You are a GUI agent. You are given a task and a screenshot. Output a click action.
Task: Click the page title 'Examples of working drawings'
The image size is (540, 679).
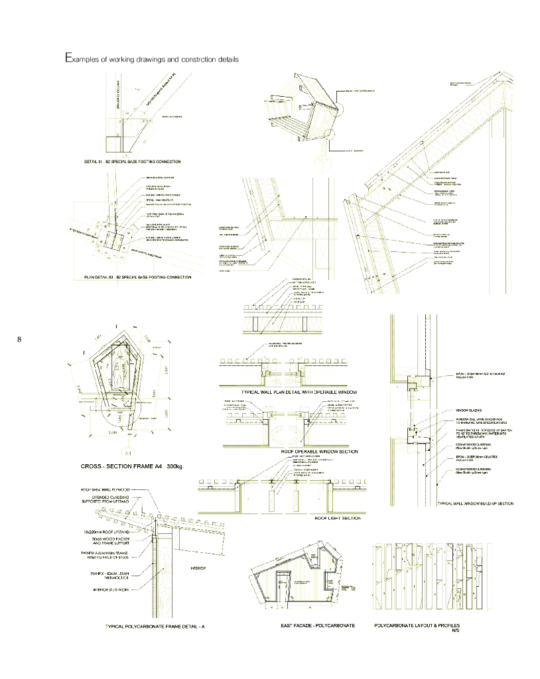click(151, 59)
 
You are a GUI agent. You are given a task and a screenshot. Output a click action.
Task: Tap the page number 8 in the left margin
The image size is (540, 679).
click(19, 340)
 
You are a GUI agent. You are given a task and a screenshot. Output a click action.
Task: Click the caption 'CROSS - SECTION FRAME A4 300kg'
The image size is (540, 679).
click(131, 467)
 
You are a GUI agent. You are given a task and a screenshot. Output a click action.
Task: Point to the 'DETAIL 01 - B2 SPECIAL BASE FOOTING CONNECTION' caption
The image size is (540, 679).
click(132, 161)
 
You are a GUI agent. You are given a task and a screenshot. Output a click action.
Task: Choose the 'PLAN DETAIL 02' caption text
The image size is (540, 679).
click(138, 277)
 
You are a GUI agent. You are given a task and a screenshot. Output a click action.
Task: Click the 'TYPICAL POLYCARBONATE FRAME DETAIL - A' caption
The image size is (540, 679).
click(155, 626)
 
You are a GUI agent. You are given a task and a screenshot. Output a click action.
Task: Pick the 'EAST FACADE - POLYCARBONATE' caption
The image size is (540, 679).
click(318, 625)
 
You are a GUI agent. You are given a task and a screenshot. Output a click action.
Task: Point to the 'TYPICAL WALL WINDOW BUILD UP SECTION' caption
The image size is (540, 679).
click(475, 504)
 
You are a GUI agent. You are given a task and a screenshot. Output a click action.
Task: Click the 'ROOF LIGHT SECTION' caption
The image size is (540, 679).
click(337, 517)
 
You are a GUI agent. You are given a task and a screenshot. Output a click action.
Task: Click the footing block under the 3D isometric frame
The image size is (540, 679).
click(323, 160)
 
